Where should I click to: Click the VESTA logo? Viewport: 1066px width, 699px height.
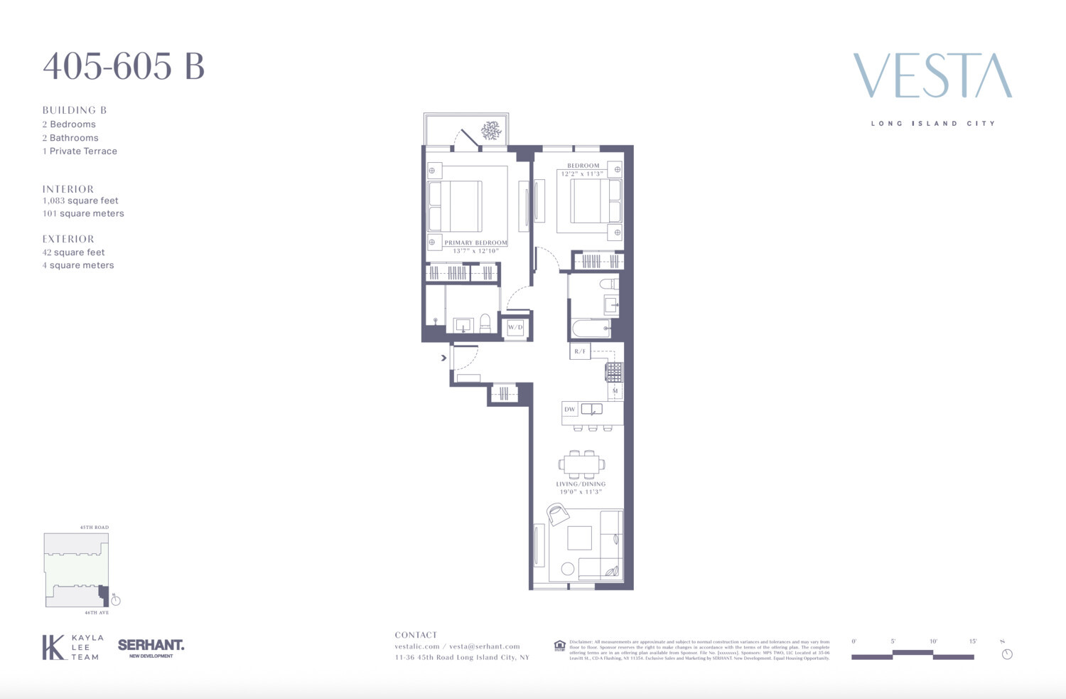pos(932,75)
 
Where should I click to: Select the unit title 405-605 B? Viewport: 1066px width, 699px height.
pos(124,67)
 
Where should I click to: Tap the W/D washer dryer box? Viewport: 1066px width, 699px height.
pos(515,327)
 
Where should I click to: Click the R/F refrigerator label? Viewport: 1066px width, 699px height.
pos(580,351)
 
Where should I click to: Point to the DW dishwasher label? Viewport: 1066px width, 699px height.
pos(569,410)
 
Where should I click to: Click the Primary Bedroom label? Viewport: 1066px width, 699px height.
pos(475,242)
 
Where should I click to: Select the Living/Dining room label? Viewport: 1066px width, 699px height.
pos(581,484)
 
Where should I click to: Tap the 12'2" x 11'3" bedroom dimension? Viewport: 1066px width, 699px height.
pos(582,174)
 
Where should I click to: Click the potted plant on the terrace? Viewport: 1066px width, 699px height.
pos(490,130)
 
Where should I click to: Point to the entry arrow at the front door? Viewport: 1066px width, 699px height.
pos(443,358)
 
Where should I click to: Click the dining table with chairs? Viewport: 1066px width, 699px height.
pos(581,464)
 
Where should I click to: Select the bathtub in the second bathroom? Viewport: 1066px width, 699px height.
pos(591,329)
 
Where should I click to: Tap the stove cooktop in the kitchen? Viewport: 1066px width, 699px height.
pos(614,372)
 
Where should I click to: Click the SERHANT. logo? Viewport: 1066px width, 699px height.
pos(151,646)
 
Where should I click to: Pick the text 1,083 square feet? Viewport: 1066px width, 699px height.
pos(80,201)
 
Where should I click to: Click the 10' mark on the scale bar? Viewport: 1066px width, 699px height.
pos(933,641)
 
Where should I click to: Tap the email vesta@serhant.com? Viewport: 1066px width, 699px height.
pos(485,646)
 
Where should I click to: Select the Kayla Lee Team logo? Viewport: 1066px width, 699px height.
pos(72,647)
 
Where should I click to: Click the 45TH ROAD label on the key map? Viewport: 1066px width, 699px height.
pos(94,528)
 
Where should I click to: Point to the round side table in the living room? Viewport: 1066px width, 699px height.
pos(567,568)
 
